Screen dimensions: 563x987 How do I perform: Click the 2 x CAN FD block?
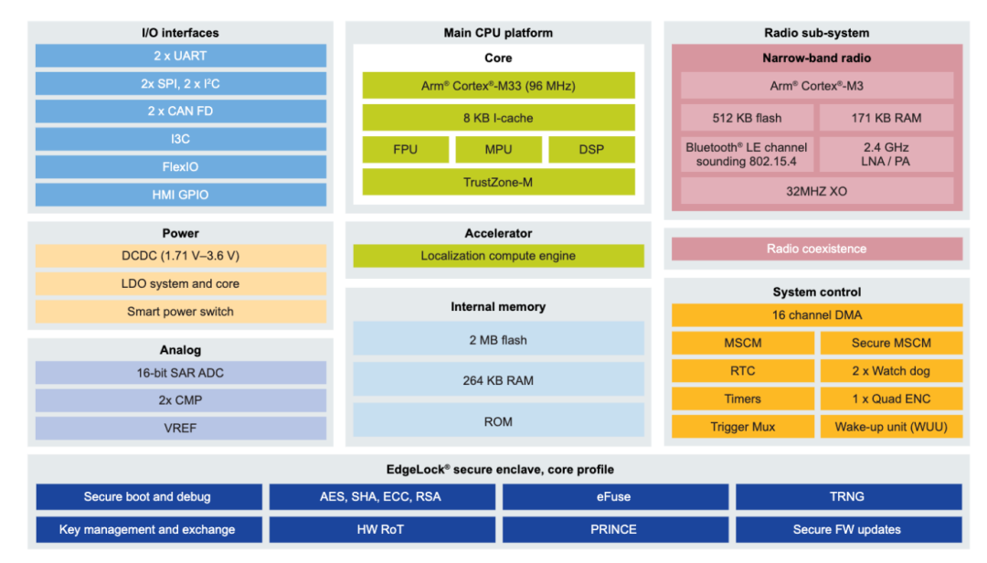point(180,112)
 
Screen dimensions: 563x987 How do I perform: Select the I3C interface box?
point(180,139)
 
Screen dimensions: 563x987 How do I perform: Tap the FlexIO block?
point(180,167)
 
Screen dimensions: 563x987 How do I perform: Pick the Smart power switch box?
point(180,312)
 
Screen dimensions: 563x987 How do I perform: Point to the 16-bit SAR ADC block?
point(180,373)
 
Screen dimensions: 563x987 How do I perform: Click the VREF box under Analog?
point(180,428)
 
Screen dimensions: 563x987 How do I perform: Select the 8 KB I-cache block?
point(498,118)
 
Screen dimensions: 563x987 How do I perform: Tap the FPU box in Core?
point(405,149)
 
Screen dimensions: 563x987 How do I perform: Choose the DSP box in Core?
point(591,149)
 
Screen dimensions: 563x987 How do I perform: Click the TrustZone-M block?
point(498,182)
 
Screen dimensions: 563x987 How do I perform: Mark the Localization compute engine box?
point(498,256)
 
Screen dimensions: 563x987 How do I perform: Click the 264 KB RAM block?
point(498,380)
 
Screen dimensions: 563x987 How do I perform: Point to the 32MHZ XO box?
point(817,191)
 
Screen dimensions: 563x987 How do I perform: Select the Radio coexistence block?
point(817,249)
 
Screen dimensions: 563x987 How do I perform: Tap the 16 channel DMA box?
point(817,315)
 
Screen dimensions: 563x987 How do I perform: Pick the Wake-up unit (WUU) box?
point(891,427)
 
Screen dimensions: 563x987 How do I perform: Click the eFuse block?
point(615,497)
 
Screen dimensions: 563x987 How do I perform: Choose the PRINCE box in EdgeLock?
point(615,529)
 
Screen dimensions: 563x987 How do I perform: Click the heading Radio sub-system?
point(817,33)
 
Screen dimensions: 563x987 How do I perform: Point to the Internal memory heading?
point(498,307)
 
